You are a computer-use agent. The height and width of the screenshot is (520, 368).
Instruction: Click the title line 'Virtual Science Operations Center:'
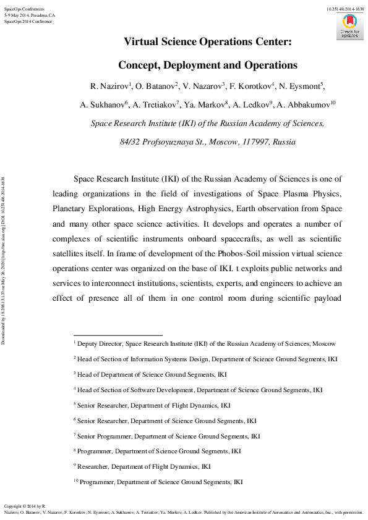[208, 42]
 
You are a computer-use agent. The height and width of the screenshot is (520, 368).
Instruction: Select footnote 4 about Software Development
[198, 390]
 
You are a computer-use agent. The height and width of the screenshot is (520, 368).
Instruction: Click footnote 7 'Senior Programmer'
[192, 436]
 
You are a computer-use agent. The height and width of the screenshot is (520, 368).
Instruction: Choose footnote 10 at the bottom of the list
[158, 482]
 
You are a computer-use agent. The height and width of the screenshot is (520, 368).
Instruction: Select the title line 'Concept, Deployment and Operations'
[208, 65]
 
